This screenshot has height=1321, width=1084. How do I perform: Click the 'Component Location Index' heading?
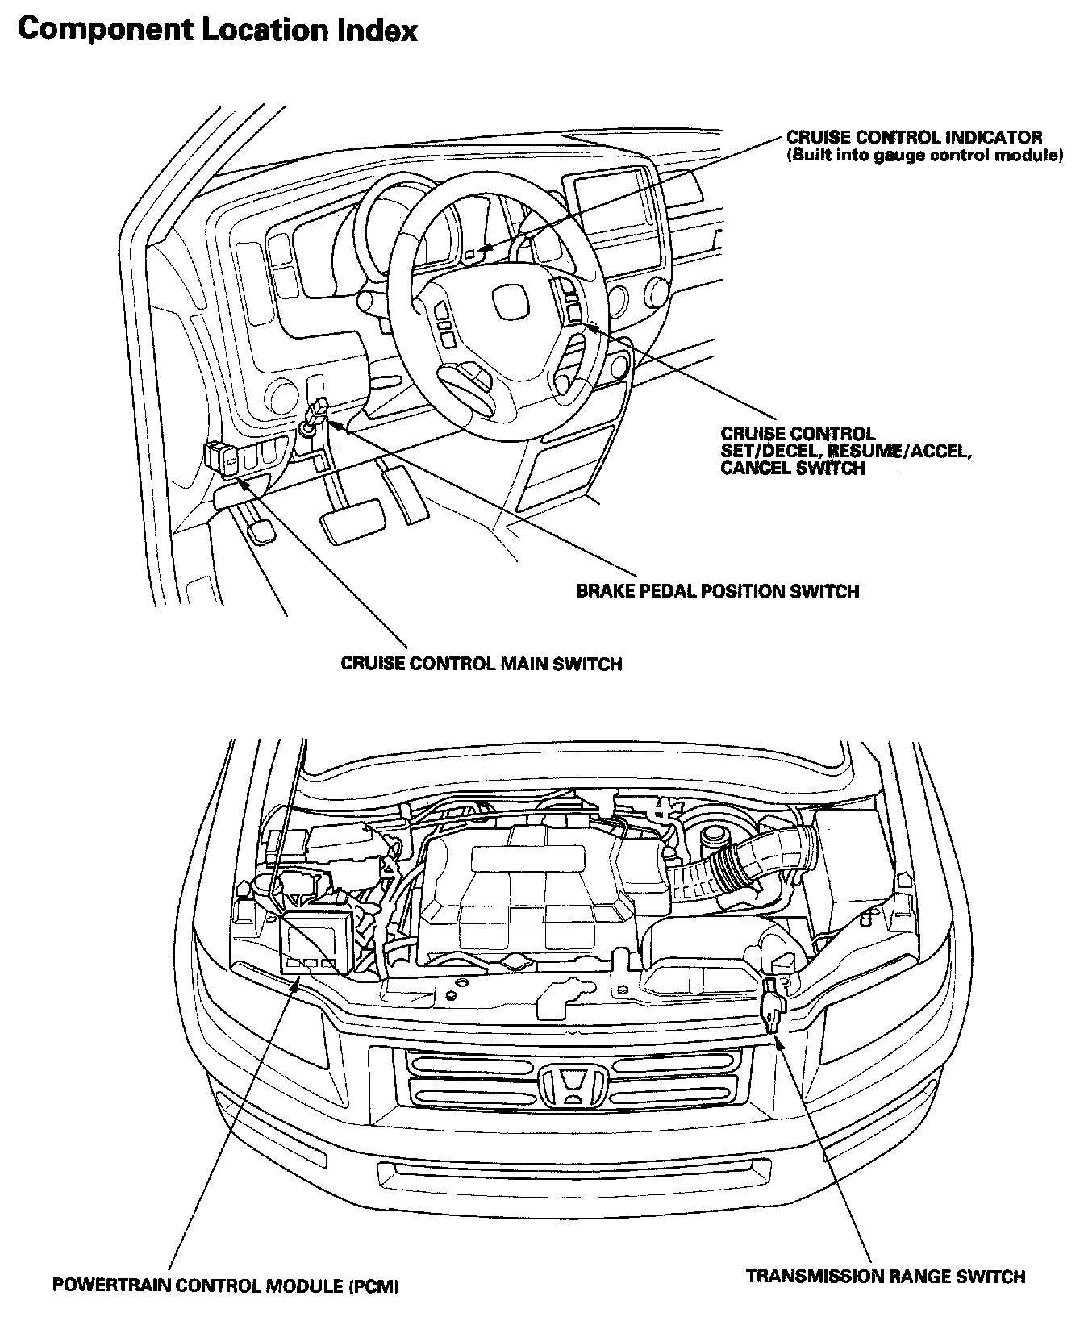click(218, 31)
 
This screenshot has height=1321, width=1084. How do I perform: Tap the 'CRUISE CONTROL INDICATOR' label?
click(915, 138)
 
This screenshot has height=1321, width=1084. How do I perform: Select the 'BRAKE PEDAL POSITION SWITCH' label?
click(718, 591)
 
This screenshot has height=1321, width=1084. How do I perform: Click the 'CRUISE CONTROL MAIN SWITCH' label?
click(482, 664)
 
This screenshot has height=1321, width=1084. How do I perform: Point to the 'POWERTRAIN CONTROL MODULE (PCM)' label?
click(226, 1285)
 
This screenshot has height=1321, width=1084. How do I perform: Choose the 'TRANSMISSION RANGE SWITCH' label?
click(886, 1277)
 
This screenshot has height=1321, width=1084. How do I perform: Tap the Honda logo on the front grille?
click(573, 1086)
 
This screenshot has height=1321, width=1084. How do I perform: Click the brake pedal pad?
click(353, 520)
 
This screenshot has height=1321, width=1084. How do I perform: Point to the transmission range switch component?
click(773, 1006)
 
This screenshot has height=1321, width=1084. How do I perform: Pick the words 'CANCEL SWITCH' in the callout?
click(793, 468)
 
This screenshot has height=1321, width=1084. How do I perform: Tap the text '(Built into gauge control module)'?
click(924, 156)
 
